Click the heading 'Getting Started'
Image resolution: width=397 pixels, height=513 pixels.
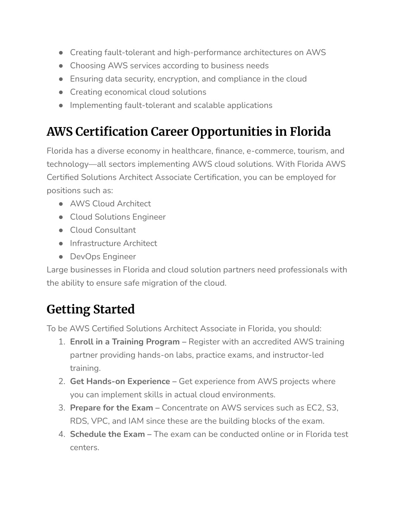coord(90,309)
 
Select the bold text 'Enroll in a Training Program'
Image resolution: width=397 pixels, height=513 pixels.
coord(124,342)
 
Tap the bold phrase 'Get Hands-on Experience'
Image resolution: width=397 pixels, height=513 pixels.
coord(120,381)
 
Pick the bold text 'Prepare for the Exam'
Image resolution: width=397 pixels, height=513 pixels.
coord(111,408)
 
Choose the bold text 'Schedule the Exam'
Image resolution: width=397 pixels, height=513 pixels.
coord(107,434)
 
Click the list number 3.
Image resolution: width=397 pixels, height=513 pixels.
coord(61,408)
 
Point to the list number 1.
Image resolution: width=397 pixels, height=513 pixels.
coord(61,342)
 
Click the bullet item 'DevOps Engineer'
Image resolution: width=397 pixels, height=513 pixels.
coord(103,256)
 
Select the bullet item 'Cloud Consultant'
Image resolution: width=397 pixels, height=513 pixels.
coord(103,230)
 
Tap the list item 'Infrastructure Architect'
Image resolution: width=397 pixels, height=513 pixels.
coord(113,243)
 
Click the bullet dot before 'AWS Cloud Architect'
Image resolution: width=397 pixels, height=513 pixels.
coord(61,204)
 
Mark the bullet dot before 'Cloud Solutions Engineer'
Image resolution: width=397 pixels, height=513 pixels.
coord(61,217)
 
